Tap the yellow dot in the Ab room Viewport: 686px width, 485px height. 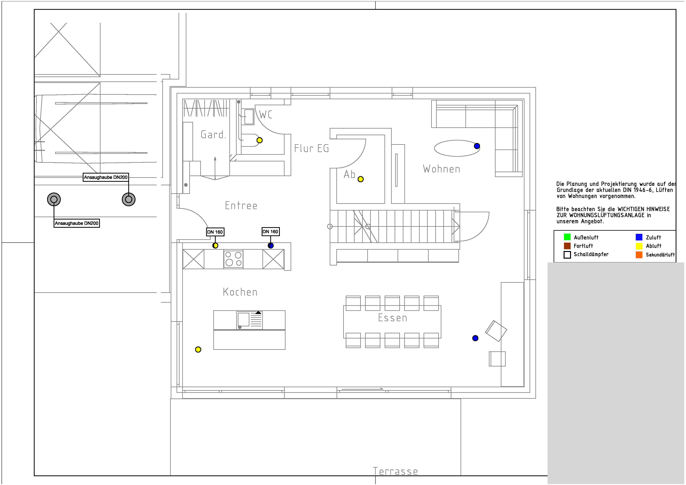point(361,179)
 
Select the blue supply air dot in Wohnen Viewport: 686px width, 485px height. point(477,146)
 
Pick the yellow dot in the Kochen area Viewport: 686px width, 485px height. point(198,349)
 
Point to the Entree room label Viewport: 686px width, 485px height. point(241,206)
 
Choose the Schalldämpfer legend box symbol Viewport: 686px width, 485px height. point(567,255)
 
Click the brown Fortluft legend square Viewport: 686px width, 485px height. point(567,246)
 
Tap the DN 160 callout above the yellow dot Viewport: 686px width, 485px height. point(215,232)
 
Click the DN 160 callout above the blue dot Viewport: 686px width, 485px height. point(270,232)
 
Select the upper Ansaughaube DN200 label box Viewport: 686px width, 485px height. point(106,177)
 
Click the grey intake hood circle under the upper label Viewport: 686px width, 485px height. point(129,199)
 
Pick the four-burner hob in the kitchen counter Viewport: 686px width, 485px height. point(233,259)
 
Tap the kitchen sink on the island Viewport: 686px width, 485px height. point(250,320)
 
